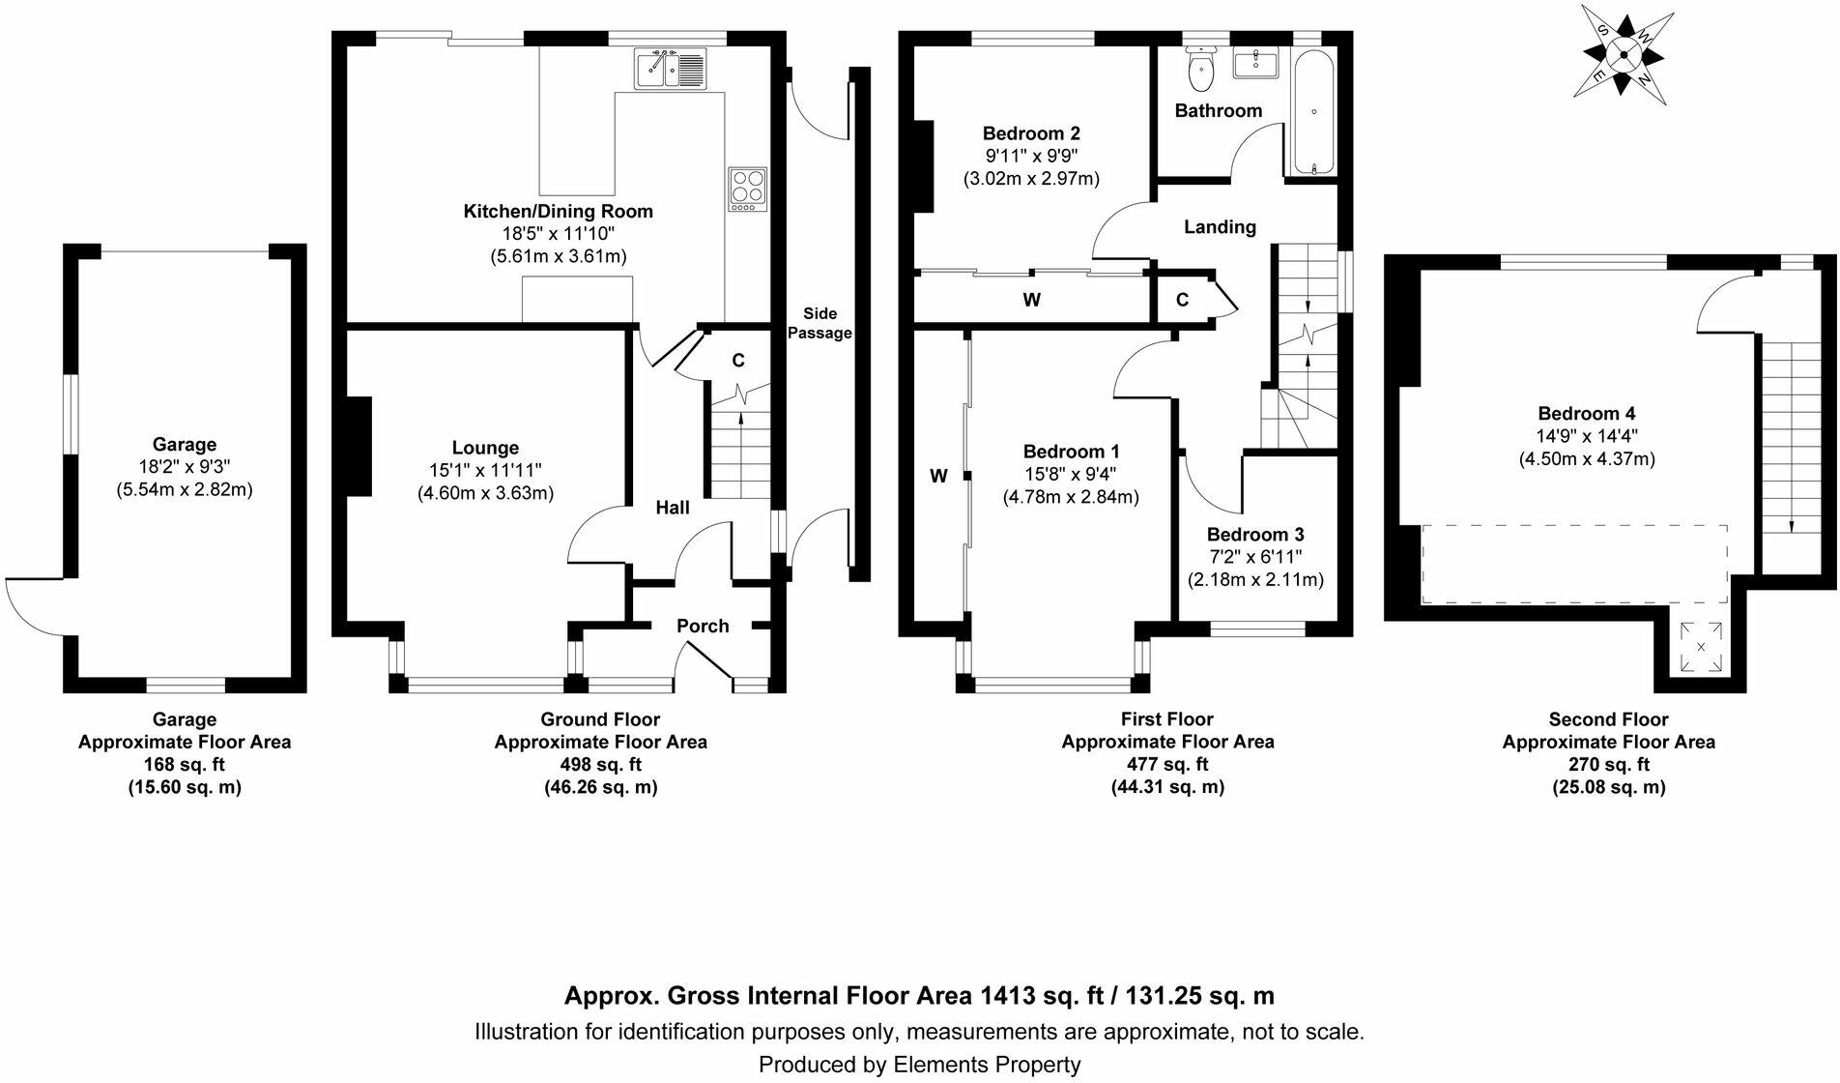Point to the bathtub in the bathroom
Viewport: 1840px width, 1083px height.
pyautogui.click(x=1313, y=112)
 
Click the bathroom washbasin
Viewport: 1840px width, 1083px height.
pyautogui.click(x=1255, y=63)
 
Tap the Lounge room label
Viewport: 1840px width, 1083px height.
pyautogui.click(x=485, y=448)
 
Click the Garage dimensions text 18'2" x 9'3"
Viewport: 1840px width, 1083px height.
pyautogui.click(x=185, y=467)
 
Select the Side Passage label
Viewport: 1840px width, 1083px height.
pyautogui.click(x=819, y=323)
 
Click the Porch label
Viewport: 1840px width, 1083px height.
pyautogui.click(x=703, y=626)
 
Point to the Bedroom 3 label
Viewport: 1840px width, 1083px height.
pyautogui.click(x=1255, y=535)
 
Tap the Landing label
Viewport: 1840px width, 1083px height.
pyautogui.click(x=1221, y=226)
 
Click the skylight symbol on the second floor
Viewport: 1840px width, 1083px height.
pyautogui.click(x=1700, y=646)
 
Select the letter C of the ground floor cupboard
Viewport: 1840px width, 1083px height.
pyautogui.click(x=738, y=361)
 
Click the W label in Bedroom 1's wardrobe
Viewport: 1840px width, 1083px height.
pyautogui.click(x=938, y=475)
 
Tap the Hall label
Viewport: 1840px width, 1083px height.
pyautogui.click(x=673, y=508)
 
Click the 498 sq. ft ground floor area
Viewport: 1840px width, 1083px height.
pyautogui.click(x=600, y=764)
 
